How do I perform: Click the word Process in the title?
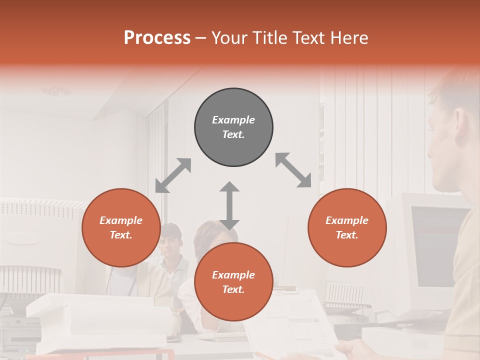[157, 38]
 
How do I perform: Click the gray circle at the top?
[233, 127]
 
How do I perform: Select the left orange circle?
[121, 227]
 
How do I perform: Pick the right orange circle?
[347, 227]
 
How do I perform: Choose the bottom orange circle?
[233, 282]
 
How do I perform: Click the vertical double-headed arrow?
[229, 205]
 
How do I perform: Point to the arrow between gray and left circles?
[173, 175]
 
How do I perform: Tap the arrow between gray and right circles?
[293, 170]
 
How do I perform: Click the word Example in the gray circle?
[233, 120]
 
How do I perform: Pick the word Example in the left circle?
[121, 220]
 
